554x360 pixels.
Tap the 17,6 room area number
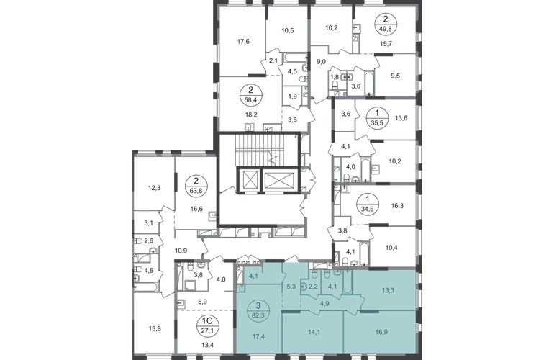pos(243,41)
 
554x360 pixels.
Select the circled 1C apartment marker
pos(206,325)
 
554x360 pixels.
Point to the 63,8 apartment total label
pos(196,188)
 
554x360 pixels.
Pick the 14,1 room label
pos(314,332)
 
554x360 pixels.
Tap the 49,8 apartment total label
pos(385,25)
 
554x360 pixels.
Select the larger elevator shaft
pos(279,181)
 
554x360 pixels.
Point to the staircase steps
pos(260,149)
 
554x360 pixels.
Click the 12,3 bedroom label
pos(154,188)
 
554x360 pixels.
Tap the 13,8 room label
pos(155,329)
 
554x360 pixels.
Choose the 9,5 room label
pos(396,76)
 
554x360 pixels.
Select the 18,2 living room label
pos(251,115)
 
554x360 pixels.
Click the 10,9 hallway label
pos(181,251)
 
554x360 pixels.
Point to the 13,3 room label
pos(388,290)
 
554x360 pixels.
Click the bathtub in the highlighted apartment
pos(348,282)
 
